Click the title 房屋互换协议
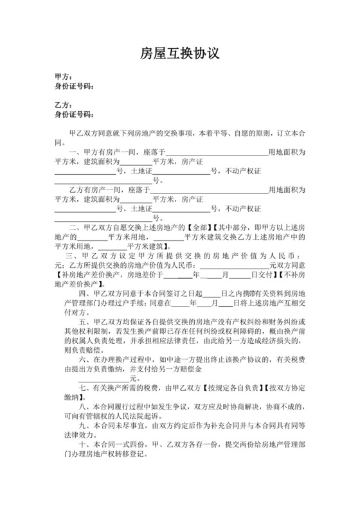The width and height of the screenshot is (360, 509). pos(179,54)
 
